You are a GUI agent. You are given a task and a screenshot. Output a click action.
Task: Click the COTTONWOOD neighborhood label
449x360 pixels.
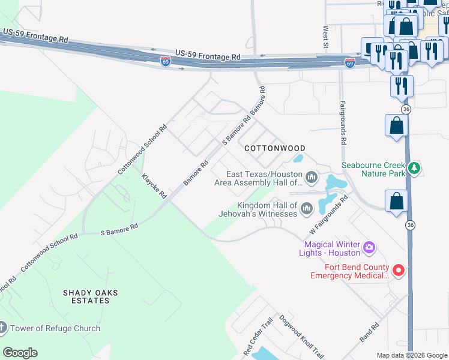[x=274, y=148]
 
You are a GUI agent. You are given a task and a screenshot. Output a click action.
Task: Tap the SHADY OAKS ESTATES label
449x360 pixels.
[x=90, y=296]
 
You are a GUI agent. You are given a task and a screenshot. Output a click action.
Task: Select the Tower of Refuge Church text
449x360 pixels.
[x=55, y=328]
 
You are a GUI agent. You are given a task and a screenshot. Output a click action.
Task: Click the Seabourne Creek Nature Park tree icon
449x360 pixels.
[x=413, y=169]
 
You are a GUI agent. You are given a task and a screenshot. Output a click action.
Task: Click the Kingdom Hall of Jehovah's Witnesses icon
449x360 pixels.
[x=307, y=208]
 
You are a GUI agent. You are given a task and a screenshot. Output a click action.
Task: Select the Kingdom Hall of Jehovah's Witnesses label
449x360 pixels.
[x=267, y=209]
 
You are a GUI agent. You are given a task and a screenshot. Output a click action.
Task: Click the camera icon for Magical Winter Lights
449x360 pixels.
[x=369, y=247]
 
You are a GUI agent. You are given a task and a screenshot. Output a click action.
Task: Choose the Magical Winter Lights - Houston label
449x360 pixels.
[x=332, y=248]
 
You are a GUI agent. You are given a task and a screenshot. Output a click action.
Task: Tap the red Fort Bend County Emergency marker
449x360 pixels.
[x=399, y=270]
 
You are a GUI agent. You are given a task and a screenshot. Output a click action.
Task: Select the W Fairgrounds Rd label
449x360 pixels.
[x=329, y=214]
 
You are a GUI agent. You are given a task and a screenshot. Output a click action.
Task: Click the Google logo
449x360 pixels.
[x=20, y=353]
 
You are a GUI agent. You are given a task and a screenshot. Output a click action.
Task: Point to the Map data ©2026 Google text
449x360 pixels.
[x=412, y=355]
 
